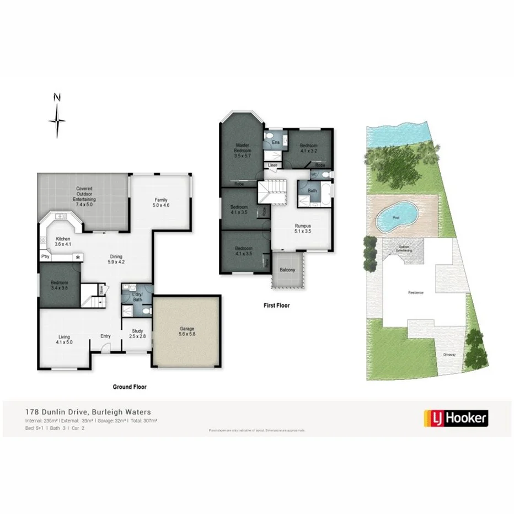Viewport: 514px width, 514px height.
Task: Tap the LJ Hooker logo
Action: pyautogui.click(x=455, y=418)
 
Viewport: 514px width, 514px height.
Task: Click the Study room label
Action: pyautogui.click(x=137, y=333)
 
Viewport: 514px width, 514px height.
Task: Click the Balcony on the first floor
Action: pyautogui.click(x=287, y=270)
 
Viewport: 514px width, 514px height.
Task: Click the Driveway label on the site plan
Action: pyautogui.click(x=449, y=355)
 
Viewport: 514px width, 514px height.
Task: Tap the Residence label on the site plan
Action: pyautogui.click(x=415, y=293)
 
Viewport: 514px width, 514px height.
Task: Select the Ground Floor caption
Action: pyautogui.click(x=130, y=387)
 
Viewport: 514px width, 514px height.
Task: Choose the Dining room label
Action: pyautogui.click(x=116, y=259)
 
